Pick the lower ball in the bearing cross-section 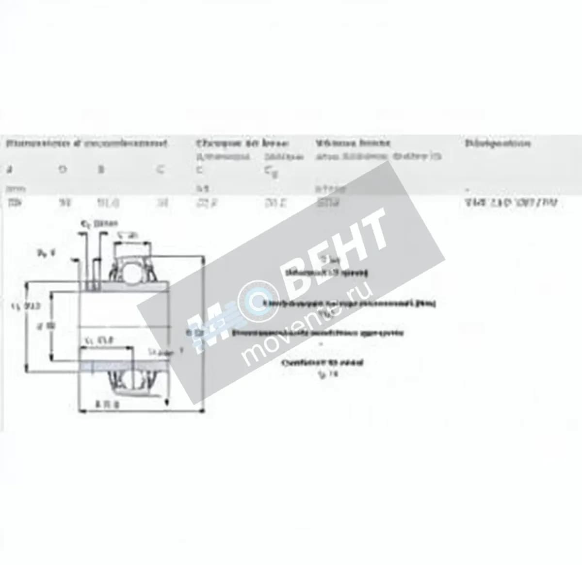pyautogui.click(x=129, y=378)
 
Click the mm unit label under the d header pyautogui.click(x=11, y=188)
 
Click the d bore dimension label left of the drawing pyautogui.click(x=48, y=325)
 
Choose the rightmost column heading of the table pyautogui.click(x=497, y=143)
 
